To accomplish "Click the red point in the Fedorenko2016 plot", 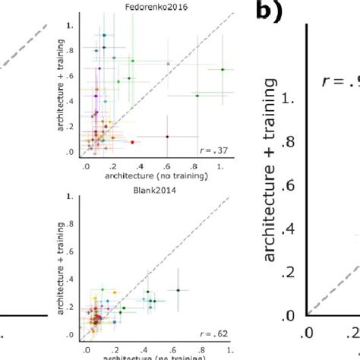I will [x=132, y=142].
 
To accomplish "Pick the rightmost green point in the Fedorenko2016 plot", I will [x=223, y=69].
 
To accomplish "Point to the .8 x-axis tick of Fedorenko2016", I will [x=194, y=166].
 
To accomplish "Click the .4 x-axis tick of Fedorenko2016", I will [x=141, y=166].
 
